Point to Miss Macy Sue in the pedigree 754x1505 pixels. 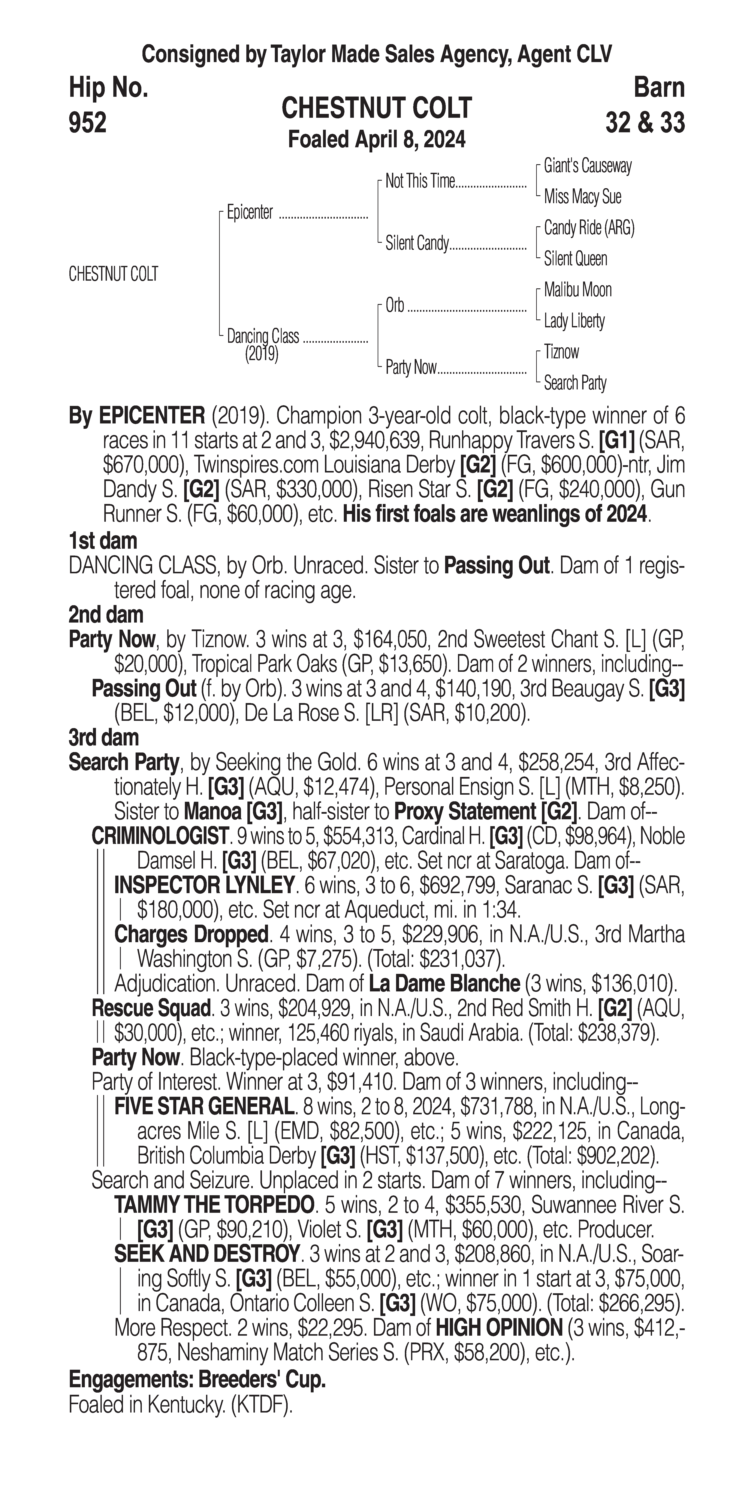[582, 197]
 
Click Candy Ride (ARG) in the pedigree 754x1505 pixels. [589, 228]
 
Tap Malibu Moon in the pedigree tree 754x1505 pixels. [577, 290]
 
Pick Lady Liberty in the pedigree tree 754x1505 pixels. [574, 321]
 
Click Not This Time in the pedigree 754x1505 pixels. [420, 182]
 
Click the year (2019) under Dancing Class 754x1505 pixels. [261, 354]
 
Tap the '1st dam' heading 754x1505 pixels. [103, 540]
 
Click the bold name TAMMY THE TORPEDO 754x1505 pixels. [214, 1205]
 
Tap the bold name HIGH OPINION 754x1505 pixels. [499, 1327]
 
